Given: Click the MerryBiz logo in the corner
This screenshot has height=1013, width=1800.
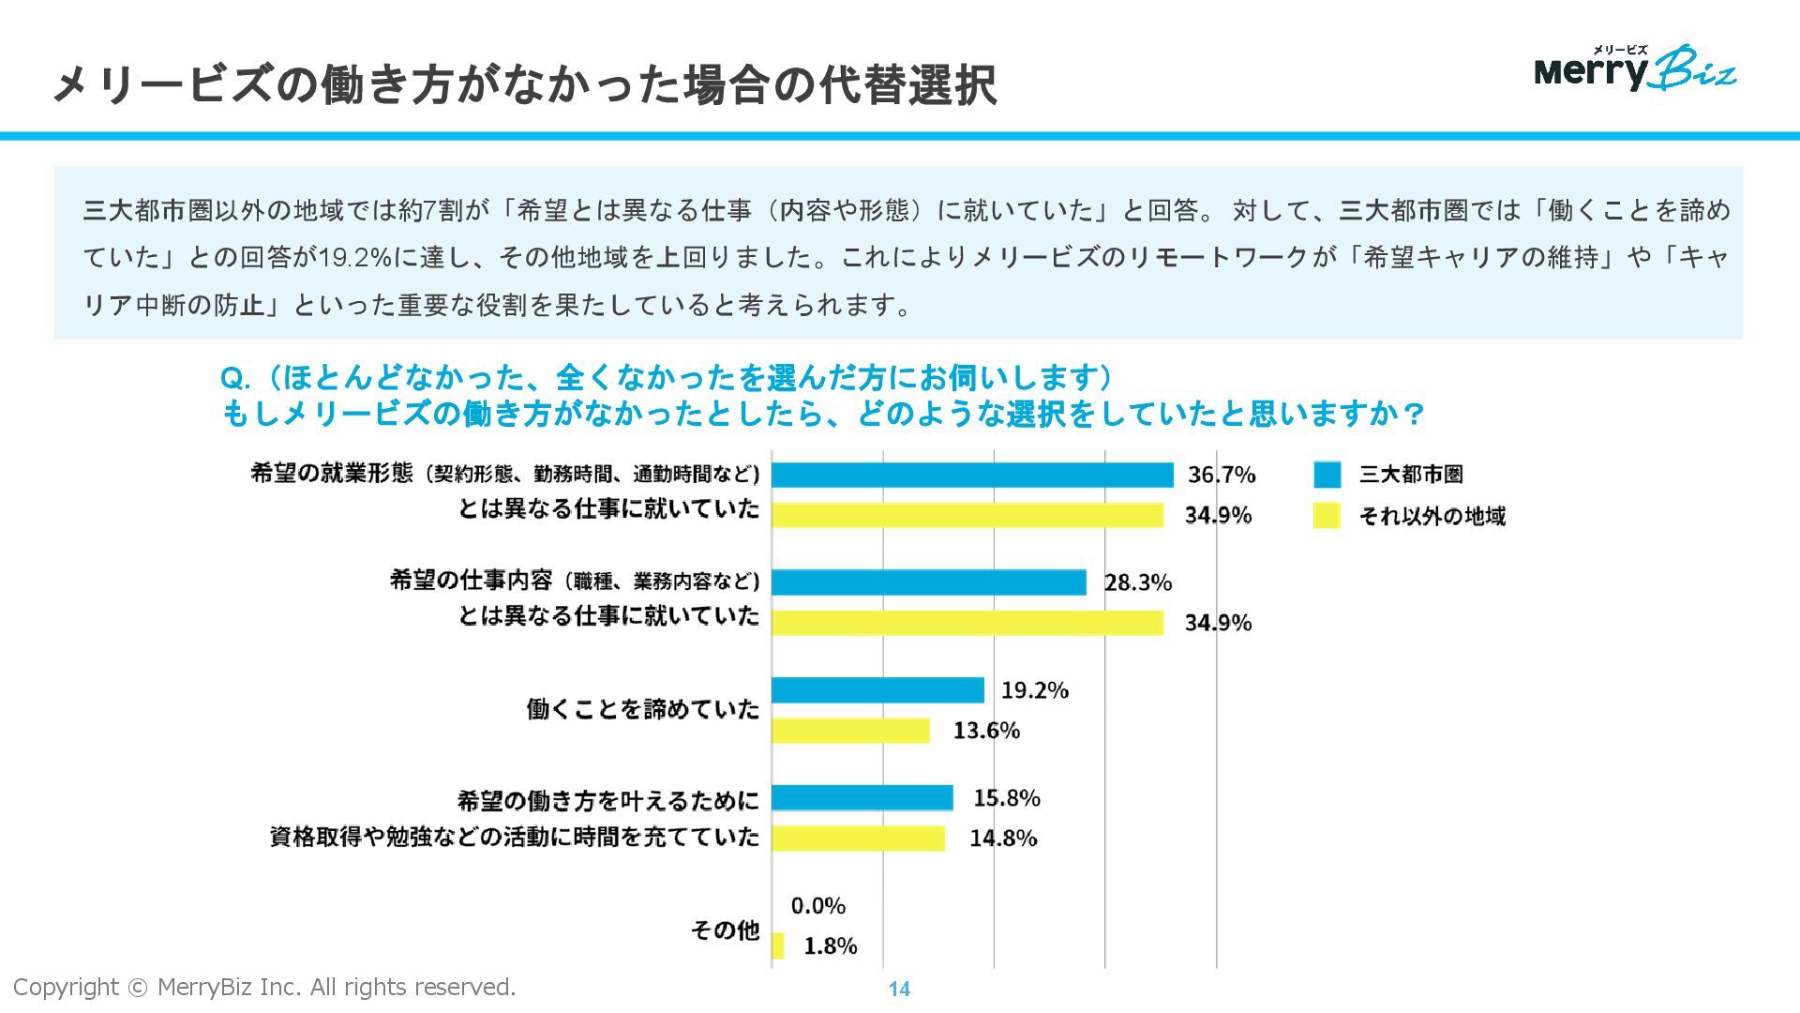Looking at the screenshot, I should coord(1635,68).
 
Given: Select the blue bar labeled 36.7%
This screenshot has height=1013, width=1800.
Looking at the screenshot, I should coord(972,475).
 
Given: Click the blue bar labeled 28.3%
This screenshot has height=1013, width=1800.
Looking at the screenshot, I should coord(928,582).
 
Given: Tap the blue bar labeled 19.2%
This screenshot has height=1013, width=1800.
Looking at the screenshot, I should coord(877,690).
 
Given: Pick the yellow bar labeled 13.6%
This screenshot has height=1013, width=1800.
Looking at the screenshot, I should coord(850,731).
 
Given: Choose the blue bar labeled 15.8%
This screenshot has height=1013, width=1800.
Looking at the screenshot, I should coord(862,798).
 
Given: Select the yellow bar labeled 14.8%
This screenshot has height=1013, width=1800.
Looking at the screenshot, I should coord(858,839).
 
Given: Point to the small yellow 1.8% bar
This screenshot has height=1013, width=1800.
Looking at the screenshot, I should coord(778,945).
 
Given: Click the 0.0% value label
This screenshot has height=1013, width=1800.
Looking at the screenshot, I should coord(817,906).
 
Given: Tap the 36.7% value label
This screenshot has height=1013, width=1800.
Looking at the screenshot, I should coord(1221,475).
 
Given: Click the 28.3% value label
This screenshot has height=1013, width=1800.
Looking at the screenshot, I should coord(1137,582).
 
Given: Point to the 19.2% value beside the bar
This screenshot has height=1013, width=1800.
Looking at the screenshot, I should coord(1034,690).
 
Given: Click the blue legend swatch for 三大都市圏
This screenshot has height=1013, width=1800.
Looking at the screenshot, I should coord(1327,475).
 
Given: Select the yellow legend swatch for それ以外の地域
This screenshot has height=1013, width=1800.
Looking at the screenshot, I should coord(1327,516).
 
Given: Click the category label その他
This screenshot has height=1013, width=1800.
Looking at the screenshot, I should coord(725,930).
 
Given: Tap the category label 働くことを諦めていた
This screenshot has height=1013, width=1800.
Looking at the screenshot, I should coord(642,709).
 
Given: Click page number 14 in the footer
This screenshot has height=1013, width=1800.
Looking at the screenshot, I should coord(899,989).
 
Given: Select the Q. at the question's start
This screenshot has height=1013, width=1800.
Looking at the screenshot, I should coord(234,379).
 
